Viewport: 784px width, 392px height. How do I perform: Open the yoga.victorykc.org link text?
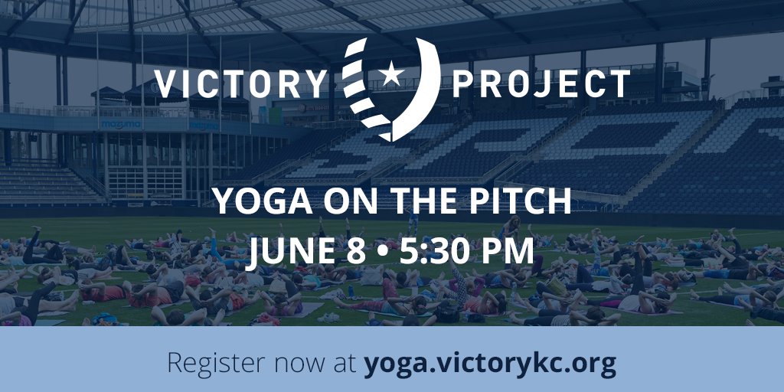click(490, 364)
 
